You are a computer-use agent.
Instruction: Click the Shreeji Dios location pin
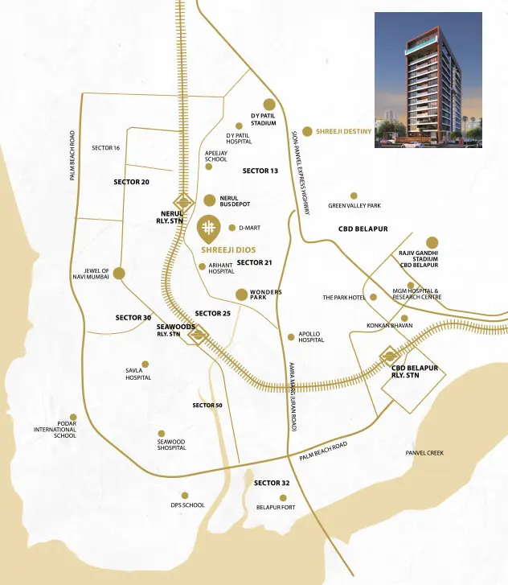click(x=207, y=228)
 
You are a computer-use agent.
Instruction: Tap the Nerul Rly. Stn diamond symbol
click(x=184, y=201)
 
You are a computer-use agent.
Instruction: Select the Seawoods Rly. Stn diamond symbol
click(x=198, y=334)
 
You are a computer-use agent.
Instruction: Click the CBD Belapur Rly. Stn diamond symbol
click(x=390, y=356)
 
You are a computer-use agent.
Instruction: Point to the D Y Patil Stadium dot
click(x=269, y=104)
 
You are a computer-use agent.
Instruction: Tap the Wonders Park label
click(x=265, y=295)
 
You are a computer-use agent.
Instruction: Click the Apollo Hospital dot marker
click(x=291, y=337)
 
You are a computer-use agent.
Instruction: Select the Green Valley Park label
click(x=354, y=206)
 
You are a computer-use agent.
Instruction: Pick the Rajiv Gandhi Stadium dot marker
click(x=432, y=242)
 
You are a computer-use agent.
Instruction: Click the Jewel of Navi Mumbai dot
click(x=119, y=274)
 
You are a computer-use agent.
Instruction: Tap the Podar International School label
click(x=55, y=430)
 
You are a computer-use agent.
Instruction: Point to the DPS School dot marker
click(x=185, y=496)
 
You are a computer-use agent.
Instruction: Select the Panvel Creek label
click(x=424, y=453)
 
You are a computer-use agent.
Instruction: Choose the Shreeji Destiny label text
click(x=343, y=131)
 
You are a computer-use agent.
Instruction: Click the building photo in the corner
click(x=428, y=79)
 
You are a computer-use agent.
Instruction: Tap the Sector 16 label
click(x=105, y=148)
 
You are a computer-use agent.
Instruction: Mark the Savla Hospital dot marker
click(x=145, y=365)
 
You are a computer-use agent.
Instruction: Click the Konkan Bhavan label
click(x=389, y=325)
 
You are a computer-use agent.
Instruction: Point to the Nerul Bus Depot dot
click(x=210, y=200)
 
